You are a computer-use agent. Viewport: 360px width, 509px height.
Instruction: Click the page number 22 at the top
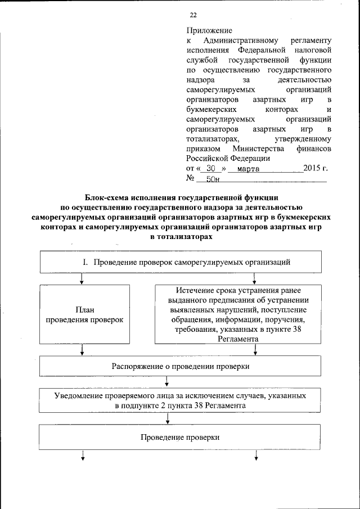(193, 15)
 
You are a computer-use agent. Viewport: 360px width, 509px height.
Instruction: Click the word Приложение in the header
(209, 30)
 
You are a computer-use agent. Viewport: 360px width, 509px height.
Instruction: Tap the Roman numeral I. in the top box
(86, 262)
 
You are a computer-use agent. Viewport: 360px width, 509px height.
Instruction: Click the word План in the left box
(83, 309)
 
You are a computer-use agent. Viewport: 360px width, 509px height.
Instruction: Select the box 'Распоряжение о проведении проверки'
(180, 366)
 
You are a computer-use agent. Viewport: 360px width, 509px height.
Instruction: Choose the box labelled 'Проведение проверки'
(180, 437)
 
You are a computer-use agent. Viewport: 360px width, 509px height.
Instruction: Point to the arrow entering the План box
(83, 278)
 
